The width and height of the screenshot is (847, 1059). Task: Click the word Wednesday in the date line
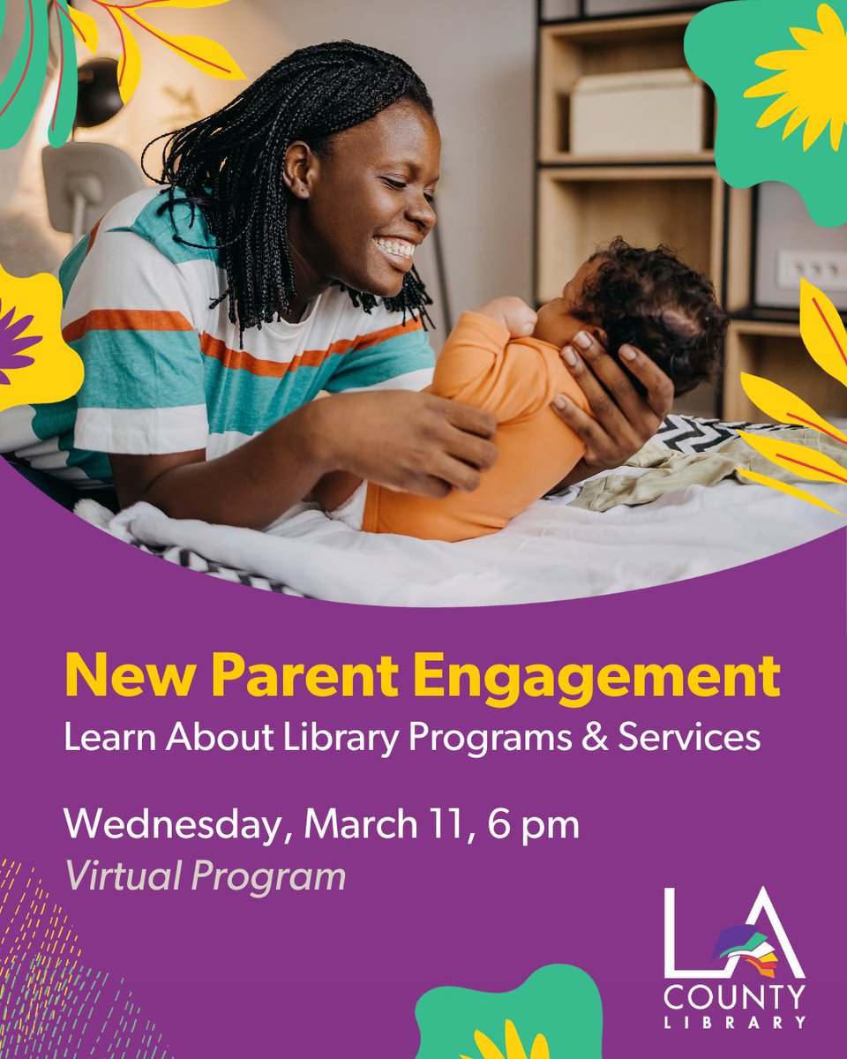coord(176,825)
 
